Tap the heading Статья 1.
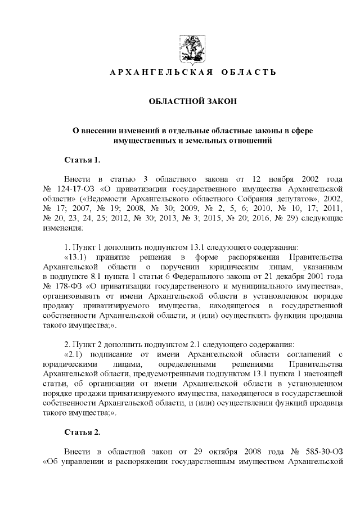(x=83, y=160)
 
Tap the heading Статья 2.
(x=83, y=433)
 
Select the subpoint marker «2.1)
(x=78, y=355)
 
